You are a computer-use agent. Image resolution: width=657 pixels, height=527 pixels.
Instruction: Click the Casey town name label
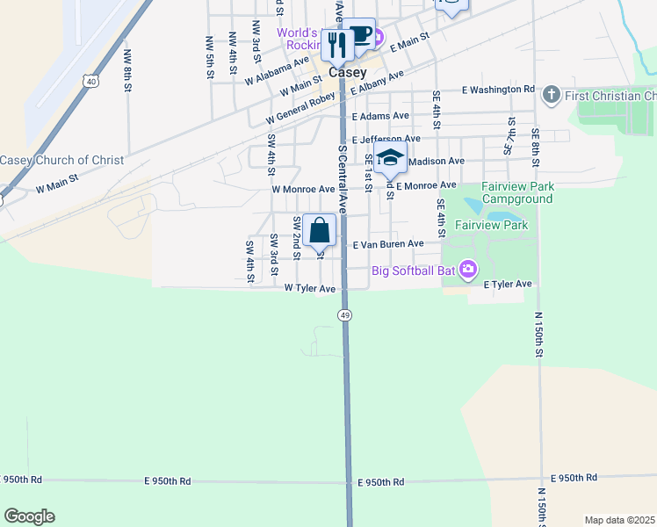point(348,72)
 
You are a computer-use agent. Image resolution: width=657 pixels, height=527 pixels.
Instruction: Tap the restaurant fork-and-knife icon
point(337,44)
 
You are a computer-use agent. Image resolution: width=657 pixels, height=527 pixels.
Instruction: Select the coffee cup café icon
point(358,34)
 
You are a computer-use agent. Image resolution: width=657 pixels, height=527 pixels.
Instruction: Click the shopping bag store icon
point(321,230)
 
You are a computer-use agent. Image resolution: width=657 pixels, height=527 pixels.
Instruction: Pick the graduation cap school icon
point(390,160)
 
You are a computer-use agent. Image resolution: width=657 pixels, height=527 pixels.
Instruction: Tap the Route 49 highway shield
point(345,314)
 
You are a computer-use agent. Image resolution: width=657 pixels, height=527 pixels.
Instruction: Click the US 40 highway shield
point(91,81)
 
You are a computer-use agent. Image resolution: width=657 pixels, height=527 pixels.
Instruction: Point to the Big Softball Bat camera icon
point(468,269)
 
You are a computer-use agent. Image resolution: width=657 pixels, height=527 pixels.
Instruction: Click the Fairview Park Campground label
point(516,192)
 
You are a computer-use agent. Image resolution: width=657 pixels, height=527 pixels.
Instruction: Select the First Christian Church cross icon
point(551,95)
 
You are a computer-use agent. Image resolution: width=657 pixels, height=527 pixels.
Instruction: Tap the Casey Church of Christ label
point(56,160)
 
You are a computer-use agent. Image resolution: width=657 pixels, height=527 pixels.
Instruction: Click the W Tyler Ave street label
point(310,288)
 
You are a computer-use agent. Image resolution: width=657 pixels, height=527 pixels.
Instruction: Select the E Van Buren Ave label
point(388,243)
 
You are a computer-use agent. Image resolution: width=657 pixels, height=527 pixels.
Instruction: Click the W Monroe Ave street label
point(303,189)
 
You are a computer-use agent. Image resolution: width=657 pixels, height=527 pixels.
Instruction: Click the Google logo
point(29,516)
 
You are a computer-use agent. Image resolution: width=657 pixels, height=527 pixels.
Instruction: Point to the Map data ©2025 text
point(619,520)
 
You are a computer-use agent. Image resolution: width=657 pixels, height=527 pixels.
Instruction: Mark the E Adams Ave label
point(380,116)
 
